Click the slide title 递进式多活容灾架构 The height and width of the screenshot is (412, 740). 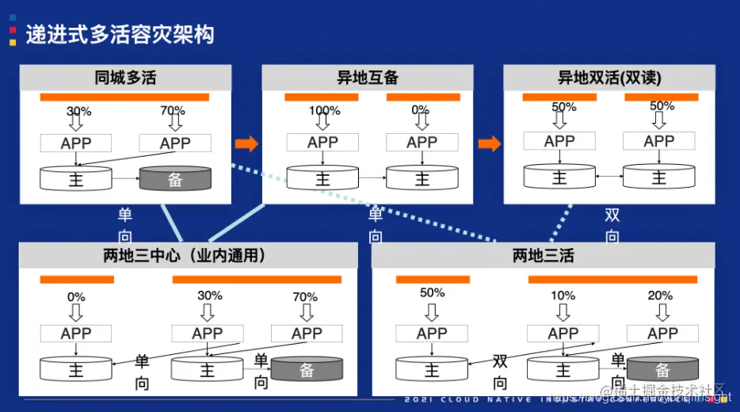coord(120,35)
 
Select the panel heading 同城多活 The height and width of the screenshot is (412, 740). coord(125,78)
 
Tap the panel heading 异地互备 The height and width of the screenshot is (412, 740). coord(368,78)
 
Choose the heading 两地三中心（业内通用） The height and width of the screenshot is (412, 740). coord(184,256)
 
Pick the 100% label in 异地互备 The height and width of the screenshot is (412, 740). coord(324,111)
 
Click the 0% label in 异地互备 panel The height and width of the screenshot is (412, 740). coord(421,110)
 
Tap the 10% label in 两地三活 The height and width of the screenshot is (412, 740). coord(563,296)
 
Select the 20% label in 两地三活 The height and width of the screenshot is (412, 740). coord(660,296)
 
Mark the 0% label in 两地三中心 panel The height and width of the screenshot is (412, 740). coord(76,297)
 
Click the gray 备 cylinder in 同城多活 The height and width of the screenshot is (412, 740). coord(175,179)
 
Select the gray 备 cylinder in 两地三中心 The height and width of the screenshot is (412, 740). coord(307,369)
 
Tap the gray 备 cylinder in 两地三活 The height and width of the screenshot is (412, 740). coord(662,369)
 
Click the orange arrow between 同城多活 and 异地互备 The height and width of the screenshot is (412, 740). coord(246,143)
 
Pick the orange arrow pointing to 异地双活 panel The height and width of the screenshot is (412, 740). coord(490,143)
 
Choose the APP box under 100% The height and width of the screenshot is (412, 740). coord(323,143)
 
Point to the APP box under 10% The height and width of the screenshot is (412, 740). coord(563,334)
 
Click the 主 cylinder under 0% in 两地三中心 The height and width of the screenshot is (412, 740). coord(76,369)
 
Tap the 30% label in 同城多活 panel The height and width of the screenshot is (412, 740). coord(78,111)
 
